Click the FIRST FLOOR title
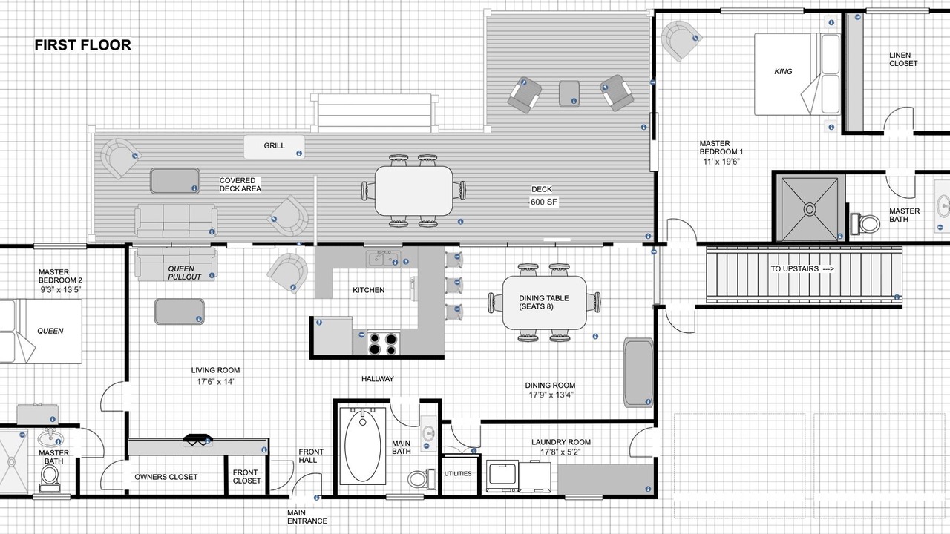pos(82,45)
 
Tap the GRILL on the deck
pos(275,146)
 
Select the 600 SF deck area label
pos(544,202)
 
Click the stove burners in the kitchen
pos(384,343)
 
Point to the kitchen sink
pos(384,258)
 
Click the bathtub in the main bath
pos(363,445)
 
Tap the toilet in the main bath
pos(421,478)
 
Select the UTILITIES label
pos(458,473)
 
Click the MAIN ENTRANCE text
pos(307,517)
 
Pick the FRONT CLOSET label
pos(246,476)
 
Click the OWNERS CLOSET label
pos(166,477)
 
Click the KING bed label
pos(783,72)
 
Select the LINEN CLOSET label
pos(903,59)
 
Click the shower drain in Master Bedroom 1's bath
pos(810,209)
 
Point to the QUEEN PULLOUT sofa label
pos(185,273)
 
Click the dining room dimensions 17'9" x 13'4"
pos(551,395)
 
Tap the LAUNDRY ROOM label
pos(561,442)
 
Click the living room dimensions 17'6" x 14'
pos(215,381)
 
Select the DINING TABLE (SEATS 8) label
pos(544,302)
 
